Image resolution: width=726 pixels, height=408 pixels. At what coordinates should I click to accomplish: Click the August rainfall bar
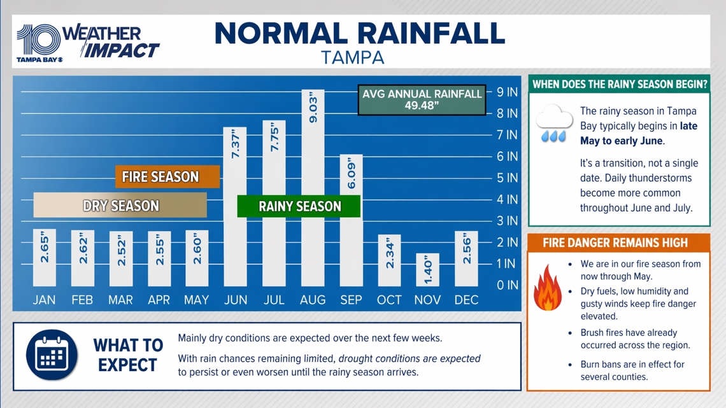(x=312, y=191)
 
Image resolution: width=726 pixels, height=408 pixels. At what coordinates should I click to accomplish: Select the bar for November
(x=427, y=270)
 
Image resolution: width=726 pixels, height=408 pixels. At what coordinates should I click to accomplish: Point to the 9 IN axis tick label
(x=507, y=92)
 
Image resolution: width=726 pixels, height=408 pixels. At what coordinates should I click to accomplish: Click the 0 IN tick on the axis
(x=507, y=285)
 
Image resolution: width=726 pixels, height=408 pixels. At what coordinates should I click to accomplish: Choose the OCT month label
(x=389, y=300)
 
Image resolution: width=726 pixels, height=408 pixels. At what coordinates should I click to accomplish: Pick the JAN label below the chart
(x=44, y=300)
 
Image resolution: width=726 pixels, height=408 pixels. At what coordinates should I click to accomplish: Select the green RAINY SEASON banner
(x=299, y=206)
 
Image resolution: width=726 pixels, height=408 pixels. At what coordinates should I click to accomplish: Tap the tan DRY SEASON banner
(x=120, y=206)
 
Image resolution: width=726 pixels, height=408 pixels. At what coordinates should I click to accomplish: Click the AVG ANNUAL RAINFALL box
(x=422, y=99)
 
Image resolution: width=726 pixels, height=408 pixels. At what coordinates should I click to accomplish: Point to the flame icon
(x=547, y=290)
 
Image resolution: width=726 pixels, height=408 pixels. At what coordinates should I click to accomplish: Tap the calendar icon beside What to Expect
(x=52, y=355)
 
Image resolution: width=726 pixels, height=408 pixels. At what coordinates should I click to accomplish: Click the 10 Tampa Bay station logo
(x=39, y=43)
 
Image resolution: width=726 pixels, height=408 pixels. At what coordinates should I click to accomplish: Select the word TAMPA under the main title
(x=353, y=57)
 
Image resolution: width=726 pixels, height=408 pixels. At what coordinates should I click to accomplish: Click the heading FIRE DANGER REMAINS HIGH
(x=615, y=243)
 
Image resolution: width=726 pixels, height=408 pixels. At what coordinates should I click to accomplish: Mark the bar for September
(x=351, y=223)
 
